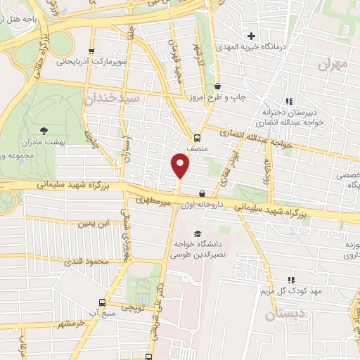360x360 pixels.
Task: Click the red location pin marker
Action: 181,165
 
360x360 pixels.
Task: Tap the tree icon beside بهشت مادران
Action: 45,130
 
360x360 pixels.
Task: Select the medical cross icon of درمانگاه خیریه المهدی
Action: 251,35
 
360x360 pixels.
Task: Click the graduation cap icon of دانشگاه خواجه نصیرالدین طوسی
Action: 198,234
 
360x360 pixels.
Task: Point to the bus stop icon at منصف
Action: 196,138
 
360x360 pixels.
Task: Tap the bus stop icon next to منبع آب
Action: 103,302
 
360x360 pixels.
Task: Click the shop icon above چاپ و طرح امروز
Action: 217,86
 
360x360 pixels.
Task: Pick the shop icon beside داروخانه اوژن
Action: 202,193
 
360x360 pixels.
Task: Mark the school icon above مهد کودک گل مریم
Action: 290,280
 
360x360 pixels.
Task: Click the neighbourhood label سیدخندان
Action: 113,99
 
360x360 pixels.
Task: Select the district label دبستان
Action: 285,314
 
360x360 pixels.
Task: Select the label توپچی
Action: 132,309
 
